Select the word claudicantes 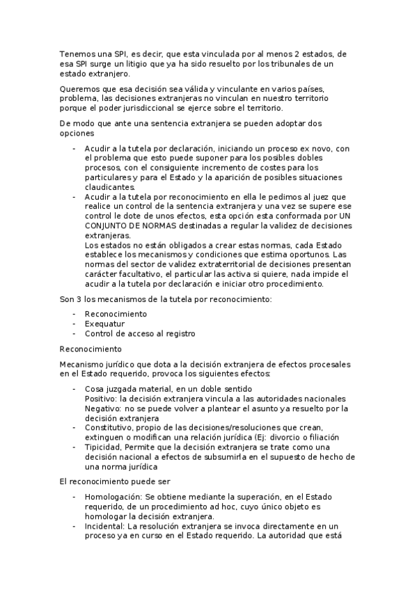click(x=109, y=187)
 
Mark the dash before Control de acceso click(x=74, y=333)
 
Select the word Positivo click(x=100, y=399)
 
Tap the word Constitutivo click(x=108, y=428)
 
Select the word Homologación click(x=113, y=497)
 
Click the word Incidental click(x=105, y=527)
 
